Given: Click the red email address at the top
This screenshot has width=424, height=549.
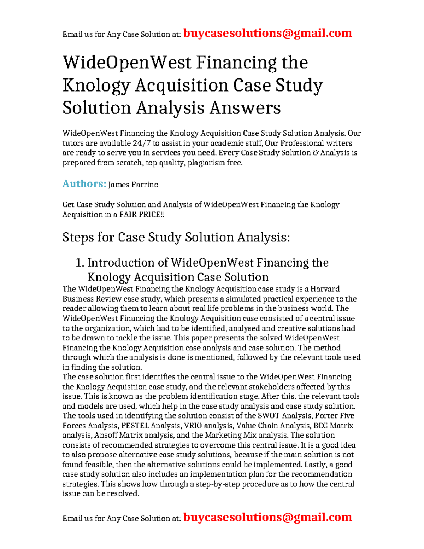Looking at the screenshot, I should [268, 33].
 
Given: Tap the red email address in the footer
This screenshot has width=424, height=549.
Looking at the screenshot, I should [268, 517].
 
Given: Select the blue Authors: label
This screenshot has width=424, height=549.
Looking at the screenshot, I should [84, 184].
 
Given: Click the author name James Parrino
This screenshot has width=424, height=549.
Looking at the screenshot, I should [133, 185].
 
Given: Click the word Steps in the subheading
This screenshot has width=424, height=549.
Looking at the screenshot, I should [78, 237].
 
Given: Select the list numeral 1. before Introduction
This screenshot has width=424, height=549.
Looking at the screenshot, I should [80, 263].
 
